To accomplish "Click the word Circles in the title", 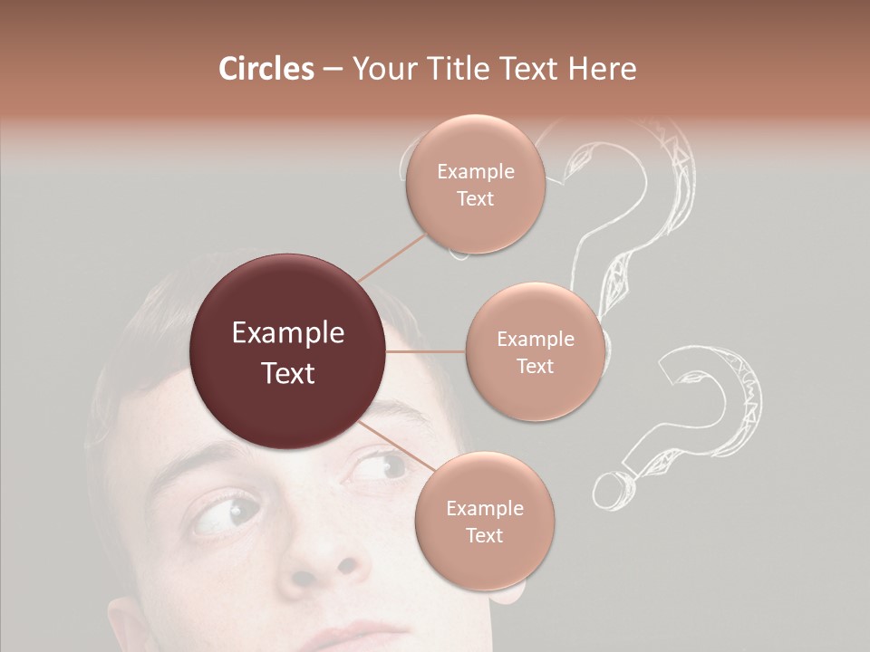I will (x=266, y=69).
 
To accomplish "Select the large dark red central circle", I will (x=287, y=352).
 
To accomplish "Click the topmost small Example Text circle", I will (x=475, y=185).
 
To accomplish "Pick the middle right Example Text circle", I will (x=535, y=351).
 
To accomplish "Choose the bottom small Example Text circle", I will (x=484, y=521).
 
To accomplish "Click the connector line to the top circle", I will (x=391, y=256).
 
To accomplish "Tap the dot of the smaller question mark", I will (x=610, y=490).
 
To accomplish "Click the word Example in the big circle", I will (x=287, y=333).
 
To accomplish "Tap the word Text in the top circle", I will (x=475, y=198).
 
